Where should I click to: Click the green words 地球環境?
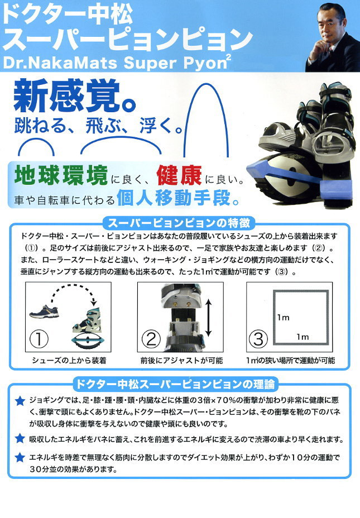[x=61, y=175]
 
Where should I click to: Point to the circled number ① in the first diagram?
[x=39, y=339]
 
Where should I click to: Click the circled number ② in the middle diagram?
[x=151, y=339]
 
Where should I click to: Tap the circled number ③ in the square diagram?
[x=258, y=339]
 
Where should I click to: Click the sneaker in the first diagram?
[x=44, y=311]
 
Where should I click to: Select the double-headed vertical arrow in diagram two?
[x=208, y=318]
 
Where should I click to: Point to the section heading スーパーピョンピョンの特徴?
[x=179, y=224]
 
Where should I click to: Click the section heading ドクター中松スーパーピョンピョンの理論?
[x=175, y=384]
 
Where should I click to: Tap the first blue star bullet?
[x=20, y=401]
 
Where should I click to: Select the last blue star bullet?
[x=20, y=457]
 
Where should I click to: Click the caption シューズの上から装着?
[x=69, y=361]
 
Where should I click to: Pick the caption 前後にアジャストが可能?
[x=181, y=361]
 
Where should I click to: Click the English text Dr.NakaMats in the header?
[x=60, y=63]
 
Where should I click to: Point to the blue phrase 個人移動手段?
[x=178, y=198]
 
